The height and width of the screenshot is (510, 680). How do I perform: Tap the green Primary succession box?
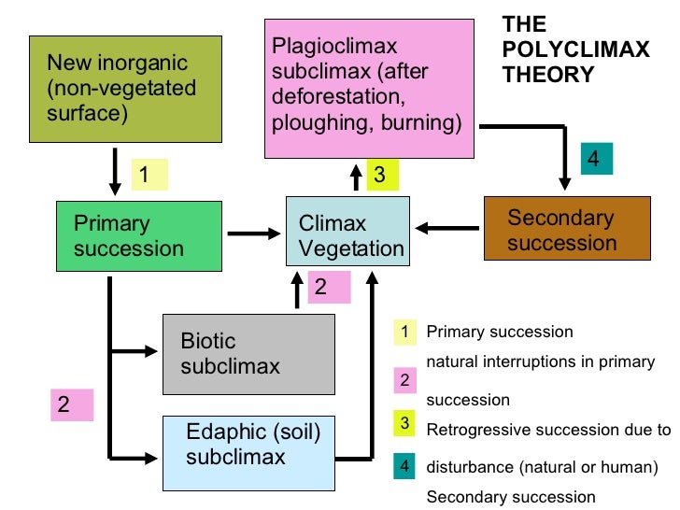tap(128, 236)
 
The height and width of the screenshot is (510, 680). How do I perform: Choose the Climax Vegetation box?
tap(347, 235)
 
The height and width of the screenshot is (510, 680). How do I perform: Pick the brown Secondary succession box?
tap(566, 229)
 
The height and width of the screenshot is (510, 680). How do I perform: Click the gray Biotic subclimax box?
tap(248, 353)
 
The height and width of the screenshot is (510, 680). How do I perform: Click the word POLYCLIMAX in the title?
tap(575, 50)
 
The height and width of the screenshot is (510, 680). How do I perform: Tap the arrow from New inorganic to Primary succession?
tap(114, 172)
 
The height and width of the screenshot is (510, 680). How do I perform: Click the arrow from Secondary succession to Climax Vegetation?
tap(448, 227)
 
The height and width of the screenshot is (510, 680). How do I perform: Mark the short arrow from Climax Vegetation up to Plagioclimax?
tap(356, 177)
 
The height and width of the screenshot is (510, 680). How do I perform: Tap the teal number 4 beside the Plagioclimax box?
tap(594, 159)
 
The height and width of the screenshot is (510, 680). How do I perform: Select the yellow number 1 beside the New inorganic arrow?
tap(148, 174)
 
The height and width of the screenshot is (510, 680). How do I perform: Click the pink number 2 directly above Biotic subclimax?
tap(322, 287)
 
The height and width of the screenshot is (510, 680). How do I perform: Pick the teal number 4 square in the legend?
tap(404, 466)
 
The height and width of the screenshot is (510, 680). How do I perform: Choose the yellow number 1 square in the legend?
tap(404, 332)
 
